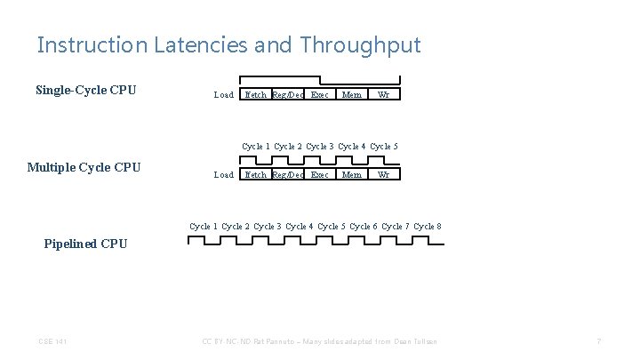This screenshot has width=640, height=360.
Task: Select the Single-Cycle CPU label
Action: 85,90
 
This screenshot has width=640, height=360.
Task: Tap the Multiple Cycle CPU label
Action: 84,167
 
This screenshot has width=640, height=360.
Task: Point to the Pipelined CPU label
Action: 85,244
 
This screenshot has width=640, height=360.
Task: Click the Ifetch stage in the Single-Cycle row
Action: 255,95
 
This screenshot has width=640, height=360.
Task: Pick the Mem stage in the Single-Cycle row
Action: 352,95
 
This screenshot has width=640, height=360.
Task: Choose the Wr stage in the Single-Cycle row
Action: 383,95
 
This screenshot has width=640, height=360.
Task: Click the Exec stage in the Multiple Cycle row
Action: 320,175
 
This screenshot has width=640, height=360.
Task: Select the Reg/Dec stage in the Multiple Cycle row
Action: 288,175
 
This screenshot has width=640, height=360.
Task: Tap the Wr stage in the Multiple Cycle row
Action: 383,175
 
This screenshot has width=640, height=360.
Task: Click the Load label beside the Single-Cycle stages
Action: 224,95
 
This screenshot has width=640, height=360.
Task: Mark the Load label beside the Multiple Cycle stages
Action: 224,175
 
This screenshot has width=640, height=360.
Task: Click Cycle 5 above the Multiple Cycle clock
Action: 384,146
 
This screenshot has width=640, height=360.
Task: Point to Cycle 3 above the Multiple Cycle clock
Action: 320,146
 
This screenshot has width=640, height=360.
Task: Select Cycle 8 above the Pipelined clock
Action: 428,227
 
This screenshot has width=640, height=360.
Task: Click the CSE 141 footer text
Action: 52,342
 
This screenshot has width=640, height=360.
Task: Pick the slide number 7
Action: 600,342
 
